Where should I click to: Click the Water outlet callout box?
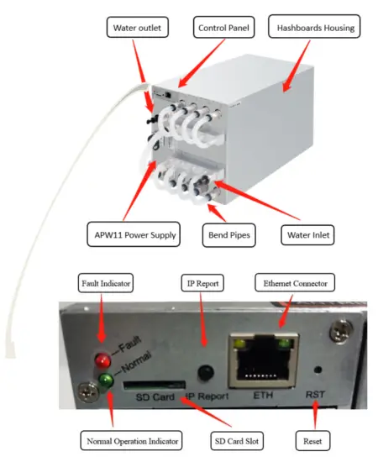pos(139,29)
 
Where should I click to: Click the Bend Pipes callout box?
pos(228,235)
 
